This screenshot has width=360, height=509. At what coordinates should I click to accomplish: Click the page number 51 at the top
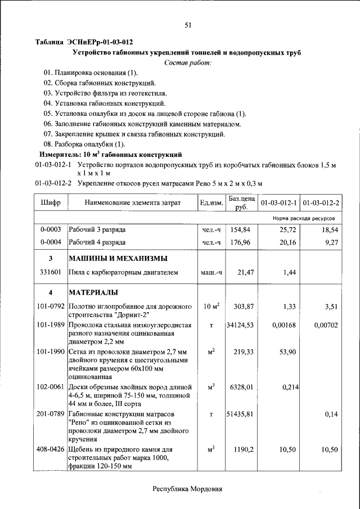click(188, 24)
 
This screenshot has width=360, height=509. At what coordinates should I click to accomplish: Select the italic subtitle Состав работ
click(187, 62)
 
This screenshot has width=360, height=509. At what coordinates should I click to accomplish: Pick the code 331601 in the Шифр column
click(51, 273)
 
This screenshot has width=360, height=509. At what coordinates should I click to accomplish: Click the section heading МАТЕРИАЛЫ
click(93, 293)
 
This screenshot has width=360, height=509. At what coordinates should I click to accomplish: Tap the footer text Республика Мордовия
click(187, 489)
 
